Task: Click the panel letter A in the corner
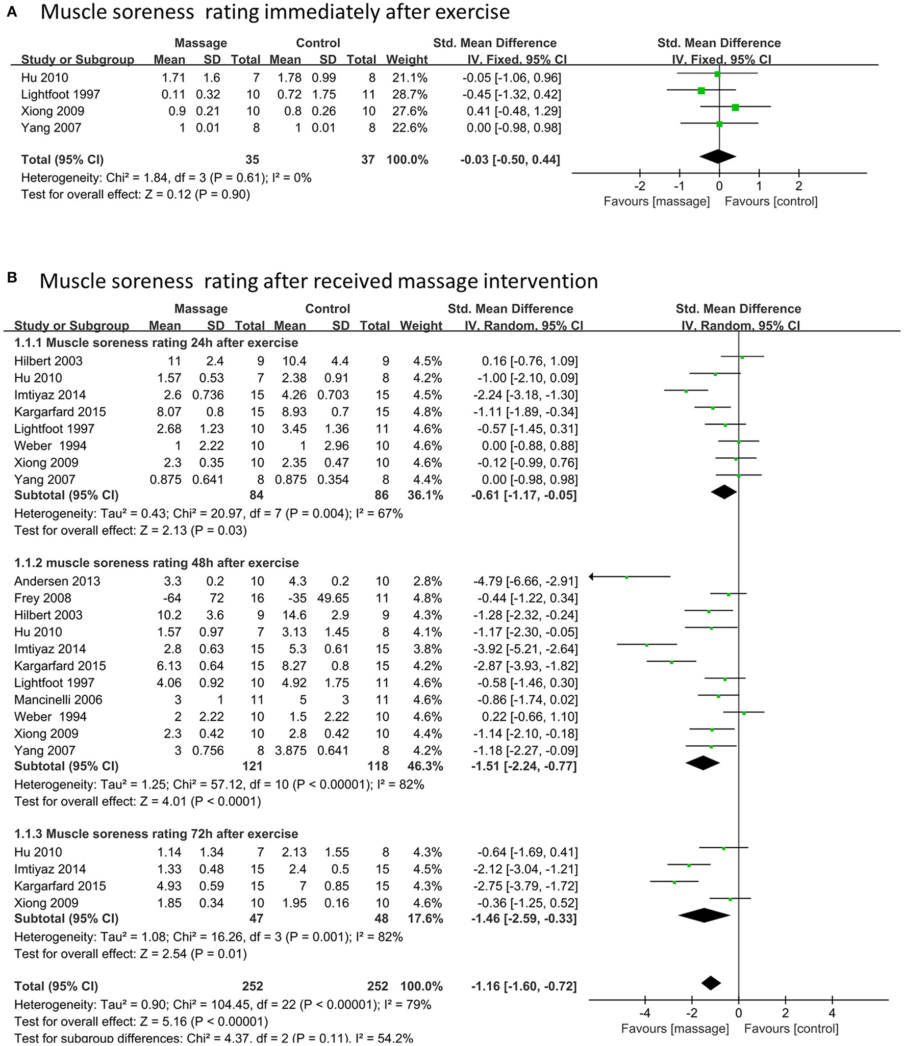coord(12,12)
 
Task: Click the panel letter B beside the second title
coord(12,278)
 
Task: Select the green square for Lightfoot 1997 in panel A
coord(701,91)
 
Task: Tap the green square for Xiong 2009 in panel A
coord(735,108)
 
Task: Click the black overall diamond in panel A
coord(718,156)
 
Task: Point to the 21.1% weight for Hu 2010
coord(407,78)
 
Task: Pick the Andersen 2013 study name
coord(57,581)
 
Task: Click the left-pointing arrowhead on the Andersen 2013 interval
coord(592,577)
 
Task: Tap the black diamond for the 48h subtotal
coord(703,763)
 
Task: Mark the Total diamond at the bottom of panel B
coord(711,983)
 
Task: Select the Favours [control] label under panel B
coord(791,1029)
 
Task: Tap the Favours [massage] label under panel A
coord(657,201)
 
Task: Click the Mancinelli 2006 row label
coord(58,700)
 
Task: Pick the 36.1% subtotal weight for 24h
coord(425,495)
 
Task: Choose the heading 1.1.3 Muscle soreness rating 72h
coord(156,834)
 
